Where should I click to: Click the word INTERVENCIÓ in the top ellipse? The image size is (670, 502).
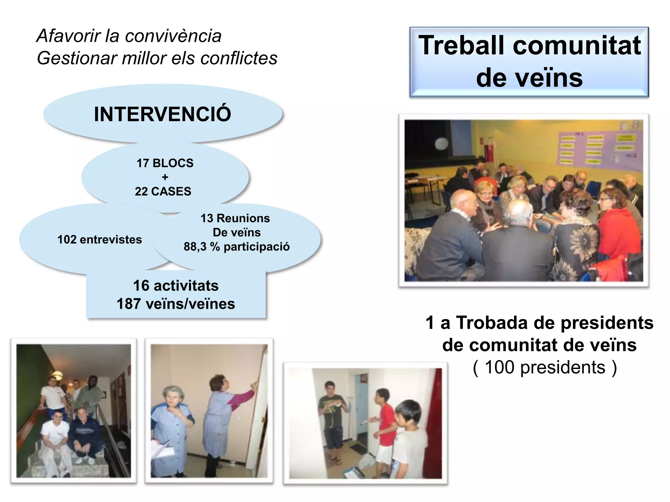(163, 114)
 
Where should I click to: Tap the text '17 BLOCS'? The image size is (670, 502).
(165, 163)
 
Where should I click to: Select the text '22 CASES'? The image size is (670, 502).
(163, 191)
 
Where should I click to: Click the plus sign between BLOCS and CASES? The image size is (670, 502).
(165, 177)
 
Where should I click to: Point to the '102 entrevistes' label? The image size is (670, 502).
(99, 240)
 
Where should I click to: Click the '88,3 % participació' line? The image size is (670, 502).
(237, 247)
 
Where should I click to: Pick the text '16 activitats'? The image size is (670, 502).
(176, 286)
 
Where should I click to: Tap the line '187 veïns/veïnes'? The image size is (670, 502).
(176, 304)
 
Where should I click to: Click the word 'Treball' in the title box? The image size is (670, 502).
(461, 45)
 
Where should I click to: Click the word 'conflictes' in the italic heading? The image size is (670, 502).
(239, 58)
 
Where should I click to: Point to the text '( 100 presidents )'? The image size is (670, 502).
(545, 367)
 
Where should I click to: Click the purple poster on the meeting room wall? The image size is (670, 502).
(599, 147)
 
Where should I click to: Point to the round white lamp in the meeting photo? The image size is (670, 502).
(442, 143)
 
